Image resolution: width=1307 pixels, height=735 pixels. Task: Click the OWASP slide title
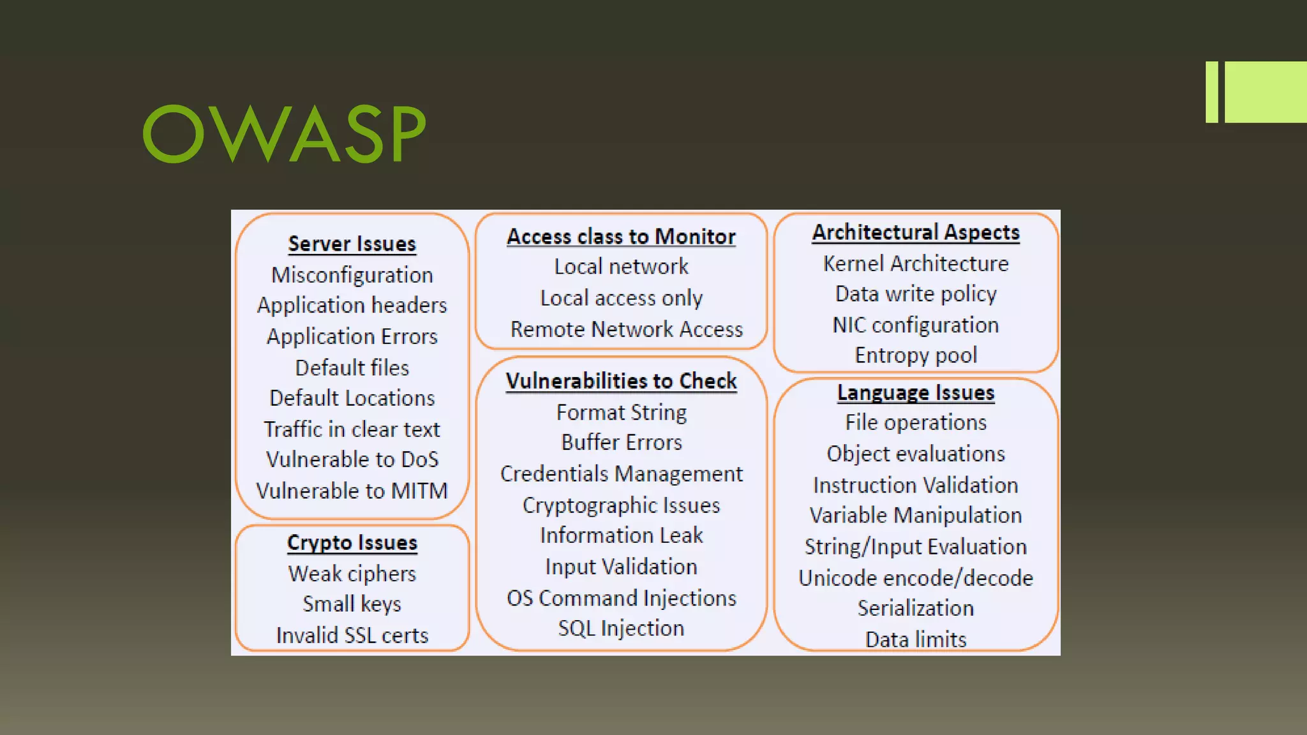[x=284, y=133]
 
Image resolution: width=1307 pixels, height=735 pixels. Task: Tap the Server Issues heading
[x=352, y=244]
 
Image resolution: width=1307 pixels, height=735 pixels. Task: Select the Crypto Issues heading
[x=352, y=542]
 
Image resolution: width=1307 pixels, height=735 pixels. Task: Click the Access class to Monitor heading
[x=621, y=237]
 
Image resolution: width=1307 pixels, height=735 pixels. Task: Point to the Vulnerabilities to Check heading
[x=621, y=381]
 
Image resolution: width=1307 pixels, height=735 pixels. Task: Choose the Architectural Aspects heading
[x=916, y=232]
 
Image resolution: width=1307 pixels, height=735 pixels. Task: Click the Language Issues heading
[x=916, y=392]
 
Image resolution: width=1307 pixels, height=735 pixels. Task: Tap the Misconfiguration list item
[x=352, y=275]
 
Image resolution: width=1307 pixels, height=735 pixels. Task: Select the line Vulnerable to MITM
[x=352, y=491]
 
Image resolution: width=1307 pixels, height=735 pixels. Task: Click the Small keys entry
[x=352, y=604]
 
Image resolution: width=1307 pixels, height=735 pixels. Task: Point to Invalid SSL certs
[x=352, y=635]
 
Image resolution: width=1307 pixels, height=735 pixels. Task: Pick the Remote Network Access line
[x=627, y=329]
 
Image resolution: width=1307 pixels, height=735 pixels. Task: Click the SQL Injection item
[x=621, y=628]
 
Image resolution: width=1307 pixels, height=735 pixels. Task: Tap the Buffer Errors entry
[x=621, y=442]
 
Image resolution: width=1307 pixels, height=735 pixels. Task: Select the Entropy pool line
[x=916, y=355]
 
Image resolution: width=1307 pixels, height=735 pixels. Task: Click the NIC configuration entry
[x=916, y=325]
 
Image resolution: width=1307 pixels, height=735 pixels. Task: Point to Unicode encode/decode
[x=916, y=578]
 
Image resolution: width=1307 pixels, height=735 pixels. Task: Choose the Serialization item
[x=916, y=608]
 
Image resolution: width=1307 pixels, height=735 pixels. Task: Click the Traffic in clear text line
[x=352, y=429]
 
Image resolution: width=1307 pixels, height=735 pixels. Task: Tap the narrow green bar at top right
[x=1211, y=92]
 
